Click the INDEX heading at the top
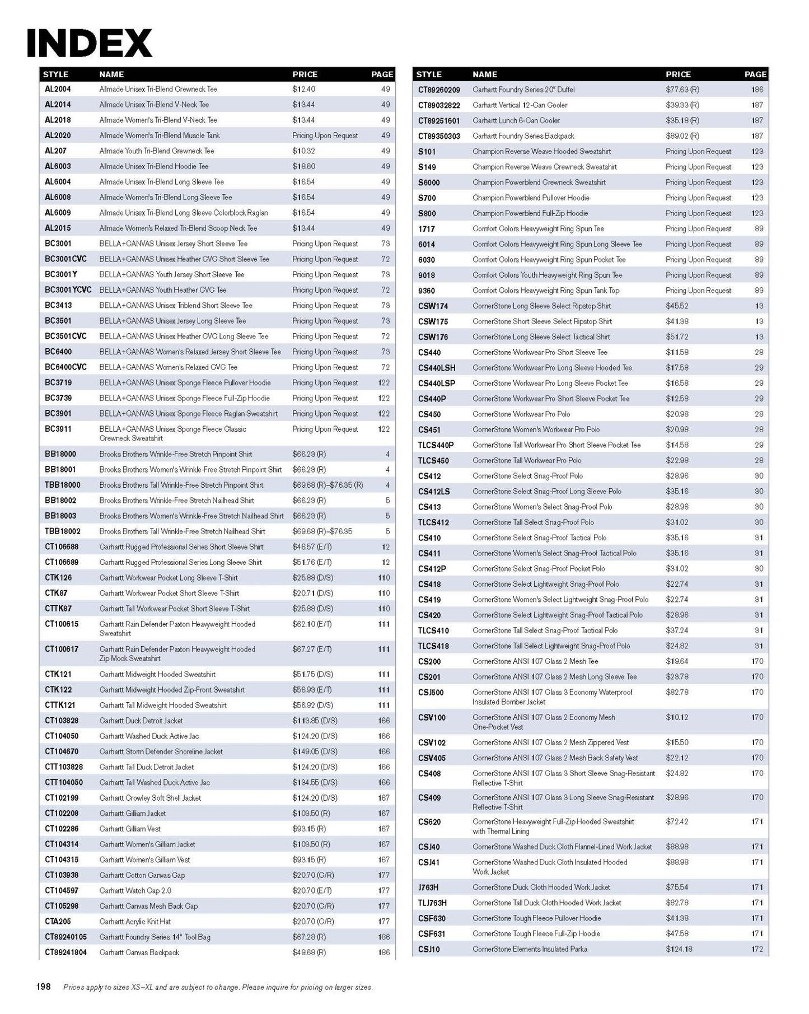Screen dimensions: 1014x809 point(90,43)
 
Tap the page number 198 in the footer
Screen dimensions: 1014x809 point(44,987)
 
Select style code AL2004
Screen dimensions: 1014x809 point(58,89)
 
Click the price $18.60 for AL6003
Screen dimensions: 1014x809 point(303,166)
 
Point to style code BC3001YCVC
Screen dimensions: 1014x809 point(68,290)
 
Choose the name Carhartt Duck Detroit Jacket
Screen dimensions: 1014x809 point(141,721)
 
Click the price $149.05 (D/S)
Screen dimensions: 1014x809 point(315,751)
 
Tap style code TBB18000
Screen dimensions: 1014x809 point(63,485)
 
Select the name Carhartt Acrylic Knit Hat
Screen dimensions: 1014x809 point(135,921)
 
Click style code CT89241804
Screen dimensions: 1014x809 point(66,952)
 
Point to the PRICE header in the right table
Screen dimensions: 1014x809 point(678,74)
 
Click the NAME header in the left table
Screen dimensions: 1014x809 point(111,74)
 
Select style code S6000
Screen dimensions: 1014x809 point(429,183)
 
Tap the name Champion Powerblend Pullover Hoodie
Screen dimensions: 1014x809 point(531,198)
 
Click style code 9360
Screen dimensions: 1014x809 point(427,291)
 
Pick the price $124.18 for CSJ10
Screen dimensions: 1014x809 point(679,949)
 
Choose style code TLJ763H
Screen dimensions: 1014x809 point(432,903)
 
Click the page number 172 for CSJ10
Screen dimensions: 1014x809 point(757,949)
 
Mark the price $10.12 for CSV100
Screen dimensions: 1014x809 point(677,717)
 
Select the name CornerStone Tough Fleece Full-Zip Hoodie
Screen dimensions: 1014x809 point(536,933)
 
